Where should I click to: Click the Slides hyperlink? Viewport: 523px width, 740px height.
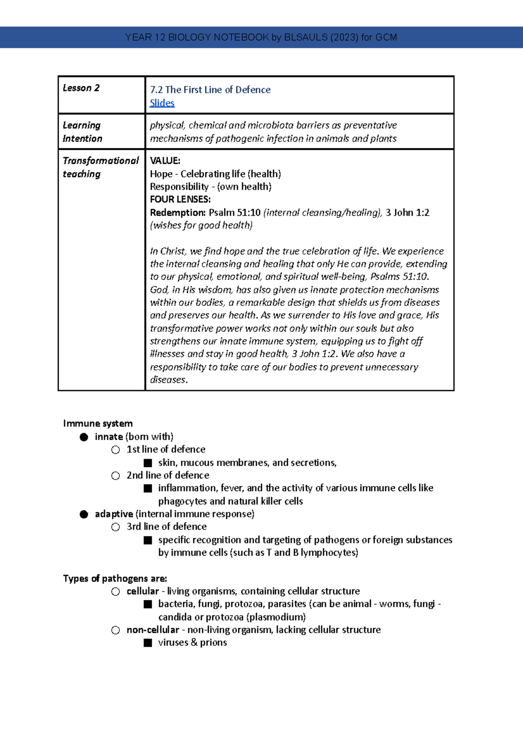coord(162,103)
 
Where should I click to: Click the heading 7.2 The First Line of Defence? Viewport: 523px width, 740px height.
coord(210,90)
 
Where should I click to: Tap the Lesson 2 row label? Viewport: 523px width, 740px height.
coord(81,88)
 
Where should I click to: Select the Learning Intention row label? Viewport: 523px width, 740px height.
coord(82,132)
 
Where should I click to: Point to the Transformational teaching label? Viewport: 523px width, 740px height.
coord(100,167)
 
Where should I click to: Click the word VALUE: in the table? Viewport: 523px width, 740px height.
coord(165,161)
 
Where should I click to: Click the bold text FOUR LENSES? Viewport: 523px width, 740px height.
coord(180,200)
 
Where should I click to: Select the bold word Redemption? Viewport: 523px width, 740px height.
coord(177,213)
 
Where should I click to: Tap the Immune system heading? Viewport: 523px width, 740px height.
coord(98,424)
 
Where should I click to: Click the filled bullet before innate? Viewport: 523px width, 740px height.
coord(84,437)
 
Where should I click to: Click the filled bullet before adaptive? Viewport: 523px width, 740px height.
coord(84,514)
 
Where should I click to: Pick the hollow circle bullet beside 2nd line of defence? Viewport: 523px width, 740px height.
coord(115,475)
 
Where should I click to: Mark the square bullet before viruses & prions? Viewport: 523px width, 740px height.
coord(148,643)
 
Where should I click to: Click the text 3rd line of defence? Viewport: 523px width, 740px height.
coord(166,526)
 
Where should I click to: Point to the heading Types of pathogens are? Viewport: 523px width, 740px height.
coord(115,579)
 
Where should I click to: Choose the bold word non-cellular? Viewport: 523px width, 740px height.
coord(153,630)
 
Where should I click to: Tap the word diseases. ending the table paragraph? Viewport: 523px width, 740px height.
coord(169,380)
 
